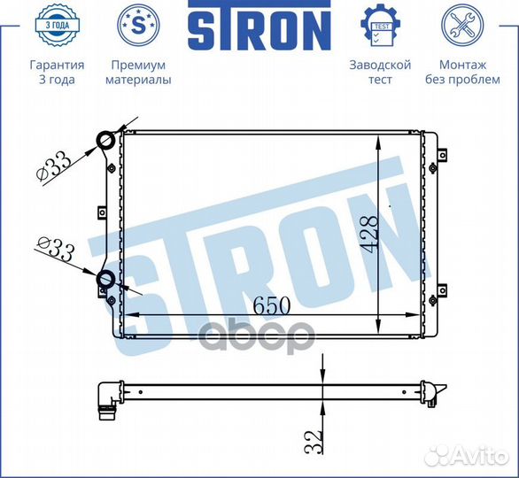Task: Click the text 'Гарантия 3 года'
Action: pyautogui.click(x=57, y=73)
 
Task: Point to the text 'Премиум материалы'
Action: pyautogui.click(x=138, y=73)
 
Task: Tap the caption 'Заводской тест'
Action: pyautogui.click(x=380, y=73)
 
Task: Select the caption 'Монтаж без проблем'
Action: pyautogui.click(x=461, y=73)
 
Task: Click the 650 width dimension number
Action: pyautogui.click(x=272, y=305)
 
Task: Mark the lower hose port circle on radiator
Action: pyautogui.click(x=105, y=281)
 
